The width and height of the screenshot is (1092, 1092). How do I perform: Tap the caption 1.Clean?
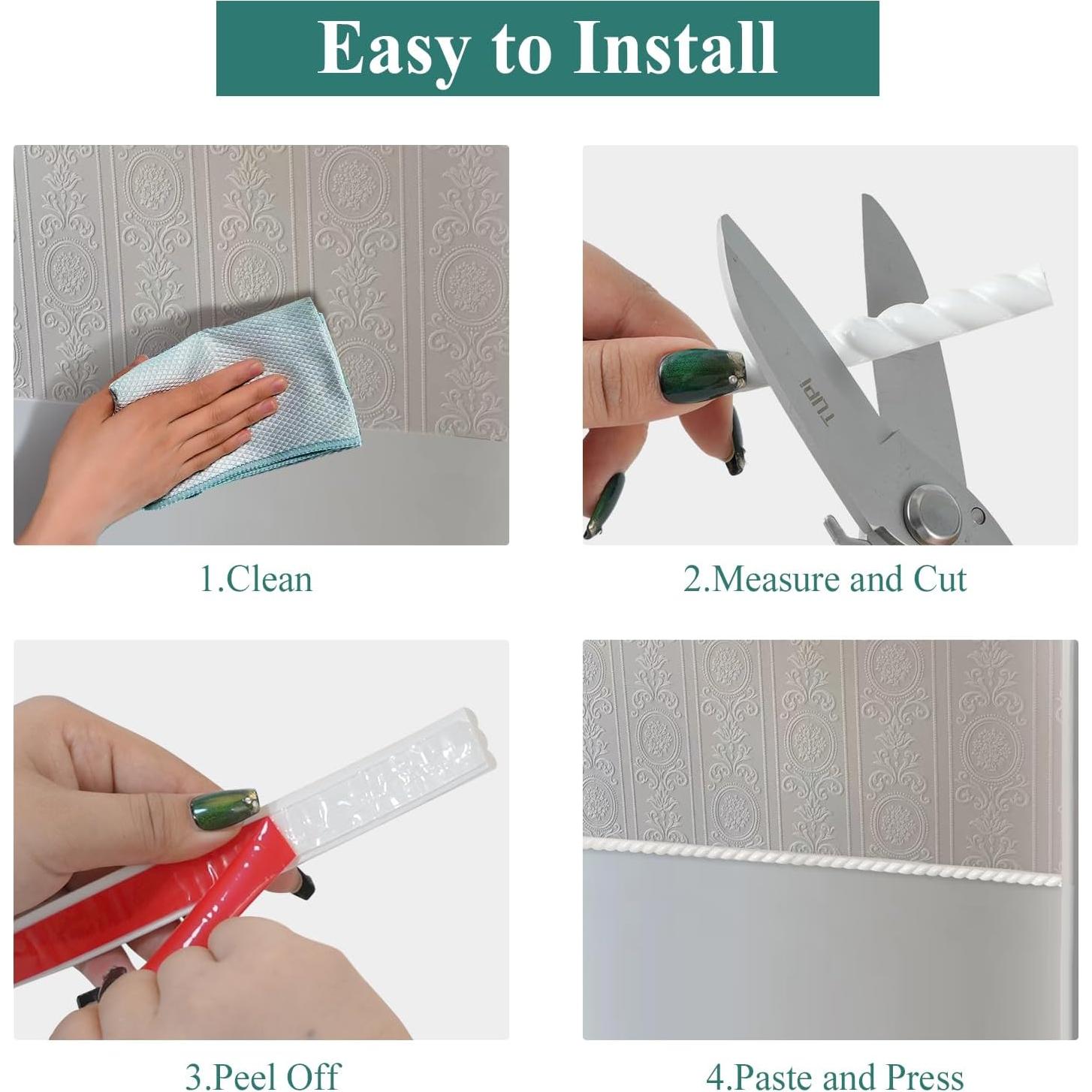point(255,580)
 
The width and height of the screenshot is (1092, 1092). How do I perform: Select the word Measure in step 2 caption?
point(773,580)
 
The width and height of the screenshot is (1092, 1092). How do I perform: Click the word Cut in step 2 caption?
point(939,580)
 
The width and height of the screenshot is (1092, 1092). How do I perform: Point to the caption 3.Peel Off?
point(262,1075)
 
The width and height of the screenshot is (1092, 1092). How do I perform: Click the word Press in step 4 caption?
point(924,1075)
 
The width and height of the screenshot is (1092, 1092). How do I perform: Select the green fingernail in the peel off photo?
point(225,808)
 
